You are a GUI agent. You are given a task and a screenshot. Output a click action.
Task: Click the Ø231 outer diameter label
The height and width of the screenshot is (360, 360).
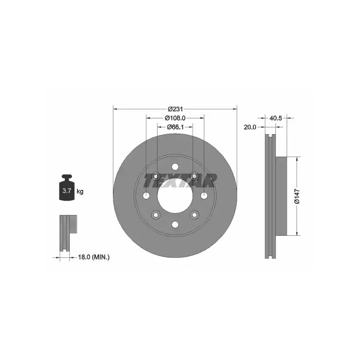(x=175, y=109)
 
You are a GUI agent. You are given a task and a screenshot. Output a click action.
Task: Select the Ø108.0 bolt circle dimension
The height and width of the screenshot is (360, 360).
(x=175, y=118)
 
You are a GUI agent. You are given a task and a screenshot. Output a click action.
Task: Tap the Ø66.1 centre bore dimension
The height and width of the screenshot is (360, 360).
(x=175, y=127)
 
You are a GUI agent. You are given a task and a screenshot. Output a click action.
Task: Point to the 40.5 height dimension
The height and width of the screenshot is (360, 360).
(x=275, y=118)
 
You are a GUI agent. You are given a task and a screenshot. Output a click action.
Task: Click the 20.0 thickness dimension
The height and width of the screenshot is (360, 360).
(x=250, y=127)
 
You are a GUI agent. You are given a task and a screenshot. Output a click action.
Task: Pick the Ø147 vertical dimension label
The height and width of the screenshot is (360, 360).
(x=297, y=196)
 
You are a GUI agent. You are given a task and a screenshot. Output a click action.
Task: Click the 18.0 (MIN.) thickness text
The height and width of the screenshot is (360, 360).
(x=94, y=257)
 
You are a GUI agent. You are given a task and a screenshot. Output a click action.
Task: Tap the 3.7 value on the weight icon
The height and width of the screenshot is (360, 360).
(x=67, y=190)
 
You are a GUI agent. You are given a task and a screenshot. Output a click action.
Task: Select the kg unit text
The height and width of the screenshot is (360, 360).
(x=80, y=191)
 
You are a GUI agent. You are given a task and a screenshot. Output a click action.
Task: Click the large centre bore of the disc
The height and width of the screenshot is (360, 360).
(x=175, y=196)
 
